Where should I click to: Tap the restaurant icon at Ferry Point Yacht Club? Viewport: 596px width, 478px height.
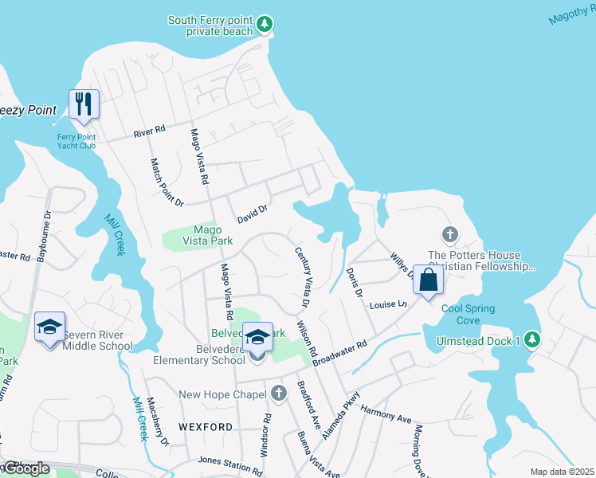(x=84, y=104)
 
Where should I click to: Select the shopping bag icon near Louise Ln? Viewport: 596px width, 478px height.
(x=428, y=280)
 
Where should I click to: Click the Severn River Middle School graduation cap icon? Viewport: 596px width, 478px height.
(x=50, y=327)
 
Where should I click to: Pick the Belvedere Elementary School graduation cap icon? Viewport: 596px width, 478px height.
(x=257, y=337)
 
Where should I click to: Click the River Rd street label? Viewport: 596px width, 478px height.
(x=149, y=130)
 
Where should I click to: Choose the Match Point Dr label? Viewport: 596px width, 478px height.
(x=167, y=181)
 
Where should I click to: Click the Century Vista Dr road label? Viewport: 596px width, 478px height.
(x=304, y=277)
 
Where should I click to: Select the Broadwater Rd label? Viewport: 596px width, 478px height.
(x=339, y=354)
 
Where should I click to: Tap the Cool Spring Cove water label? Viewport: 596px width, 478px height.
(x=469, y=314)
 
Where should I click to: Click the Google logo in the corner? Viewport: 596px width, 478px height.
(x=25, y=468)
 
